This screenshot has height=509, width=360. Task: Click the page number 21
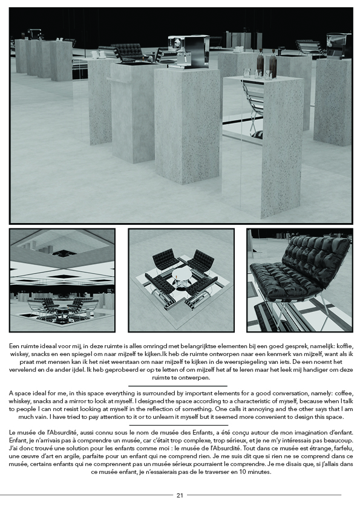coord(180,495)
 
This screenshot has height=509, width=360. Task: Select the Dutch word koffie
coord(344,345)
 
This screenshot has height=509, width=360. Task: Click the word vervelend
coord(22,369)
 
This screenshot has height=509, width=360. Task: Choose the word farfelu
coord(342,449)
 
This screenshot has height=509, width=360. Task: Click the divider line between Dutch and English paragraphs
coord(178,385)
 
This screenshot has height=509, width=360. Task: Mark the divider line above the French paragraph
coord(178,425)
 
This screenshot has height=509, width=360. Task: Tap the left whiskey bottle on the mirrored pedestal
coord(260,63)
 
